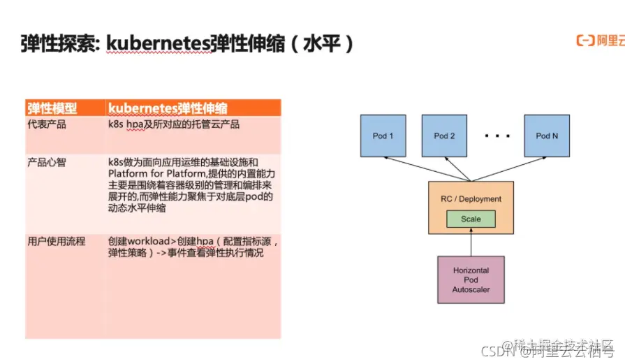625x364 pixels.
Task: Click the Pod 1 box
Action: coord(383,136)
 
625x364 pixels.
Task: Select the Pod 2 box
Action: coord(445,136)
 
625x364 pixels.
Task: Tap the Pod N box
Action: coord(547,136)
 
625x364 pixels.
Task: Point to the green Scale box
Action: coord(471,219)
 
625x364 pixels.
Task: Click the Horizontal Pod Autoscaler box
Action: coord(471,279)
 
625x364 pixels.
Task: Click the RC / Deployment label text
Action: coord(471,199)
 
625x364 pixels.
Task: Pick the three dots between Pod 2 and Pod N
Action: coord(497,136)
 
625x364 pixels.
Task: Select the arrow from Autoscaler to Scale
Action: coord(471,242)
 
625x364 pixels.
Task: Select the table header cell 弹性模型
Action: coord(52,108)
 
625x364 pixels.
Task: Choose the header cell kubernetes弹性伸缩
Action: coord(168,108)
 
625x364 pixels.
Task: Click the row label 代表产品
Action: coord(46,124)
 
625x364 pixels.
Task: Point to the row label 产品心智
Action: coord(46,161)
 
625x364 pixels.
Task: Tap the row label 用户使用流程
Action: coord(56,241)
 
